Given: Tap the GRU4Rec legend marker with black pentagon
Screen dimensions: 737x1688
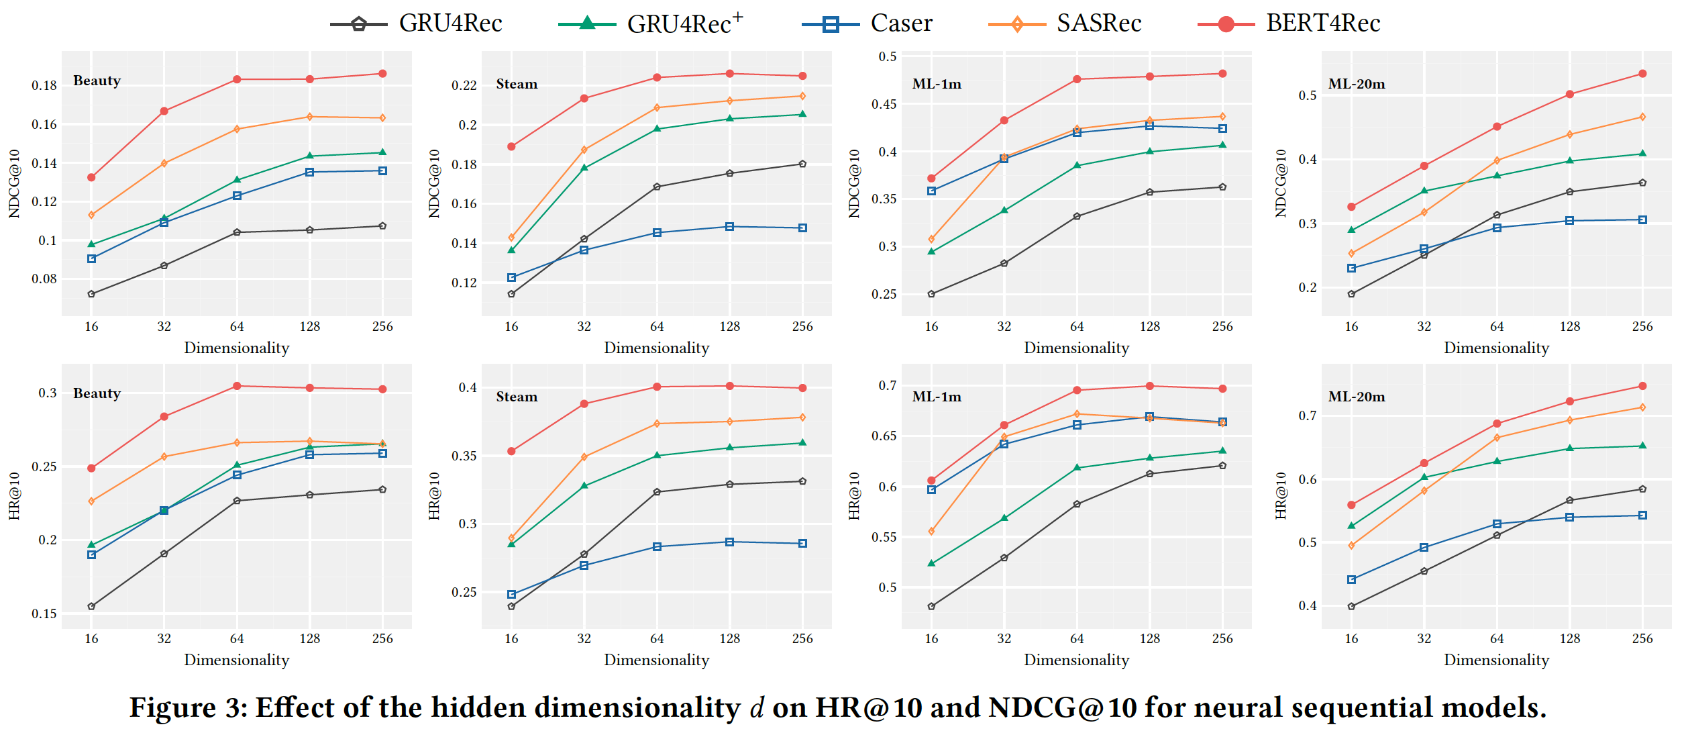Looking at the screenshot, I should pyautogui.click(x=359, y=25).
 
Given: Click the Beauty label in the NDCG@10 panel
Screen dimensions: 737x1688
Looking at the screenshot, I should pyautogui.click(x=97, y=81).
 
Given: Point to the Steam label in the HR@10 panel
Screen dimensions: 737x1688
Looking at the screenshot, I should pyautogui.click(x=517, y=397).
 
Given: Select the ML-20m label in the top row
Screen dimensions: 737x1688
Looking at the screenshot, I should pyautogui.click(x=1357, y=84).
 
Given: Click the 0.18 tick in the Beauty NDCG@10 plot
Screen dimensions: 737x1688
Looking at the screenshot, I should pyautogui.click(x=44, y=86).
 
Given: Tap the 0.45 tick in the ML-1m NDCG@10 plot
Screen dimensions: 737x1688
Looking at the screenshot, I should pyautogui.click(x=884, y=104).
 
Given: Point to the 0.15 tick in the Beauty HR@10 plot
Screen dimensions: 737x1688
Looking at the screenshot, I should pyautogui.click(x=44, y=613).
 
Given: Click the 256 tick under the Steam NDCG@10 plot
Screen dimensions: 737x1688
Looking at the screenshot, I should pyautogui.click(x=802, y=327).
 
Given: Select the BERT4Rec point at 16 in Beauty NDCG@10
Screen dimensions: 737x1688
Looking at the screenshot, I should pyautogui.click(x=91, y=177).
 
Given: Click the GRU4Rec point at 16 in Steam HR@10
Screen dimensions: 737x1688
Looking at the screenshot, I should pyautogui.click(x=511, y=606).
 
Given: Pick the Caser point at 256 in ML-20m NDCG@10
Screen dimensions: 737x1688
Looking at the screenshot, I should pyautogui.click(x=1642, y=220).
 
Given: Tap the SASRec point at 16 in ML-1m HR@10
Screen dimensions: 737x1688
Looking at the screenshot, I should pyautogui.click(x=931, y=532).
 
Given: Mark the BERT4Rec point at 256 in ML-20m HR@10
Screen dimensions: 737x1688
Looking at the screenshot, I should pyautogui.click(x=1642, y=386).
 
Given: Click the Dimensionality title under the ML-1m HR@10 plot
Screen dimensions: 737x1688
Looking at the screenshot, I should pyautogui.click(x=1076, y=660).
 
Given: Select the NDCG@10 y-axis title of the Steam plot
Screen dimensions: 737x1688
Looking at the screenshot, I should pyautogui.click(x=434, y=183).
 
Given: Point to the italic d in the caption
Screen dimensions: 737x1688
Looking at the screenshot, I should pyautogui.click(x=756, y=708).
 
